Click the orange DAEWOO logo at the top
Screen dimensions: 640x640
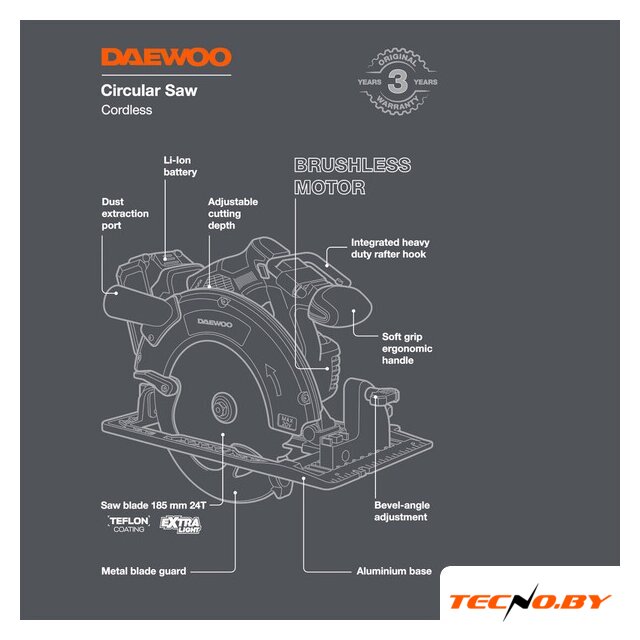[166, 57]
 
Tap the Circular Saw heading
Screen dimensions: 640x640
[149, 91]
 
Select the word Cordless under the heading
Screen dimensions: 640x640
[127, 110]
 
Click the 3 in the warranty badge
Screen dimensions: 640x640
[397, 81]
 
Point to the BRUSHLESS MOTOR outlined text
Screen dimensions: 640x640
[352, 176]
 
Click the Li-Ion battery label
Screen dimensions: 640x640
[180, 166]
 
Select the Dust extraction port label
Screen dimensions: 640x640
[125, 213]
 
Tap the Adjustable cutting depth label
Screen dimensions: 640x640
[233, 213]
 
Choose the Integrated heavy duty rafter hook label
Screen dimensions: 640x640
[390, 248]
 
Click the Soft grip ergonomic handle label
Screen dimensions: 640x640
[407, 349]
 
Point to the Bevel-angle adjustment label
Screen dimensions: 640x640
[402, 511]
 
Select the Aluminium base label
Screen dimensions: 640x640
[394, 571]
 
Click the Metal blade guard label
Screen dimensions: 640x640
[144, 571]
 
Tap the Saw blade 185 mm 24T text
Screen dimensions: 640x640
[153, 505]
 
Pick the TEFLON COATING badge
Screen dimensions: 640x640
[129, 524]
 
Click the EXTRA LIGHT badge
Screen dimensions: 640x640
[180, 524]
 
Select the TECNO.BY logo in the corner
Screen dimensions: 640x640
[530, 602]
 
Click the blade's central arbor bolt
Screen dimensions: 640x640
[224, 407]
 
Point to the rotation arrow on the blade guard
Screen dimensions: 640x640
[273, 379]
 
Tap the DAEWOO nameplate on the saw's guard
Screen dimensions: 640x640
[215, 324]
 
